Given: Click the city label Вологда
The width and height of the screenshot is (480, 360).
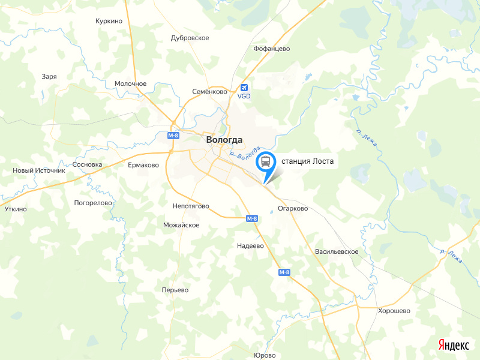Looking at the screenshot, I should pos(224,140).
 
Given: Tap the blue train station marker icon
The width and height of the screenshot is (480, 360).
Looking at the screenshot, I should pos(265,162).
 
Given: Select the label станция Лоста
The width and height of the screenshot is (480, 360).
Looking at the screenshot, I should pos(307,161).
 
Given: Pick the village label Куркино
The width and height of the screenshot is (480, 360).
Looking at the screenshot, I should pos(109,21).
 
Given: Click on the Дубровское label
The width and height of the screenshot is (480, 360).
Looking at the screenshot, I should pos(190,38).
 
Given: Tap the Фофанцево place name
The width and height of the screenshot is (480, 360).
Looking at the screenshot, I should pos(272,48).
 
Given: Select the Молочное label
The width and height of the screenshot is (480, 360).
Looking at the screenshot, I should pos(130,84).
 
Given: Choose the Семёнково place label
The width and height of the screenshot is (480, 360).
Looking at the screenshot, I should pos(209,92).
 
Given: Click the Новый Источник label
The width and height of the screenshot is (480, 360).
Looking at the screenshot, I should pos(38,170).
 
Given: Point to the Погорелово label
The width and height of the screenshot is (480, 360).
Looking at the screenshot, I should pos(93,203).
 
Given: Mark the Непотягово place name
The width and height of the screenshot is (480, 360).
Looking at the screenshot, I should pos(190,206).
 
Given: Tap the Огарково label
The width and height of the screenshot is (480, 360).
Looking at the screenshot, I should pos(293,209).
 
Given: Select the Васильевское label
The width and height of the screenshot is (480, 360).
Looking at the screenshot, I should pos(337,251).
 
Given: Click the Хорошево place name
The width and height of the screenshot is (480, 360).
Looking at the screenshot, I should pos(394,311).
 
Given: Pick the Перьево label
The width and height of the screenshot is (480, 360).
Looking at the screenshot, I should pos(175,290).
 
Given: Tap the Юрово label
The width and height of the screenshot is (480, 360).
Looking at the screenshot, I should pos(265,355).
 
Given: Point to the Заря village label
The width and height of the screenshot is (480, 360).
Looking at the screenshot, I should pos(49,76).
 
